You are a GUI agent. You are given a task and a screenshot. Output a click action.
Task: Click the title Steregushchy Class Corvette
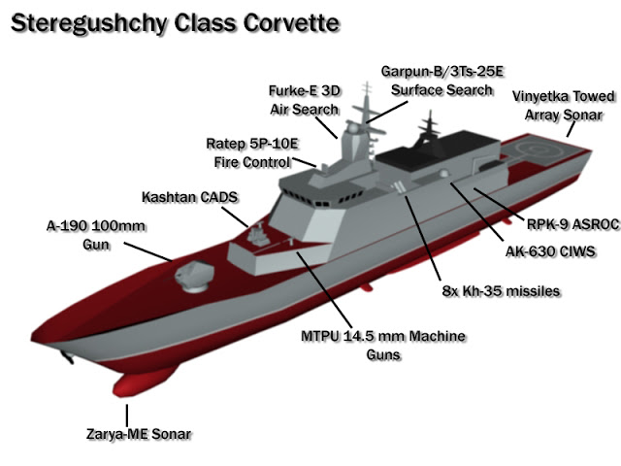pyautogui.click(x=175, y=23)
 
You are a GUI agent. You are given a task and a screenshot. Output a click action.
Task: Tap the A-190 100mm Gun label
pyautogui.click(x=96, y=235)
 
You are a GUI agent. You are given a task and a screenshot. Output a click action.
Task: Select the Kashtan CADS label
pyautogui.click(x=190, y=197)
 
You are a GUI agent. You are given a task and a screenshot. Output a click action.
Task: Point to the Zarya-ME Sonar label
pyautogui.click(x=139, y=434)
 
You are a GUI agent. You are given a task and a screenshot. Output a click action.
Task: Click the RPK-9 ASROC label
pyautogui.click(x=572, y=224)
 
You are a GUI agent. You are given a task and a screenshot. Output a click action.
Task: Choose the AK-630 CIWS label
pyautogui.click(x=550, y=251)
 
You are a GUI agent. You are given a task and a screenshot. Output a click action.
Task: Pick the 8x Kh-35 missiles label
pyautogui.click(x=501, y=291)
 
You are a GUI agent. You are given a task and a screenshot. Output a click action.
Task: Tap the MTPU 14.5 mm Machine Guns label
pyautogui.click(x=383, y=345)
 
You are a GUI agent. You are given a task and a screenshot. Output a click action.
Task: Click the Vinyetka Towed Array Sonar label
pyautogui.click(x=564, y=106)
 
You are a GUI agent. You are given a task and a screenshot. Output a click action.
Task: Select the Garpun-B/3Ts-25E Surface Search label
pyautogui.click(x=442, y=81)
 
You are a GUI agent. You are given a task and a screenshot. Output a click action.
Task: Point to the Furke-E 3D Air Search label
pyautogui.click(x=305, y=100)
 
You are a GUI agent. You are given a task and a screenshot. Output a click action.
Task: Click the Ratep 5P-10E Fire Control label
pyautogui.click(x=252, y=152)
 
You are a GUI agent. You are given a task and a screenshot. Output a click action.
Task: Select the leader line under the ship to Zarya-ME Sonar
pyautogui.click(x=127, y=415)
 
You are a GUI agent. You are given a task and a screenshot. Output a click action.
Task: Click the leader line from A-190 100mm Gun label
pyautogui.click(x=148, y=252)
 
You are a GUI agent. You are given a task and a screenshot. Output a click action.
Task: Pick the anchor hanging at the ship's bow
pyautogui.click(x=67, y=356)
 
